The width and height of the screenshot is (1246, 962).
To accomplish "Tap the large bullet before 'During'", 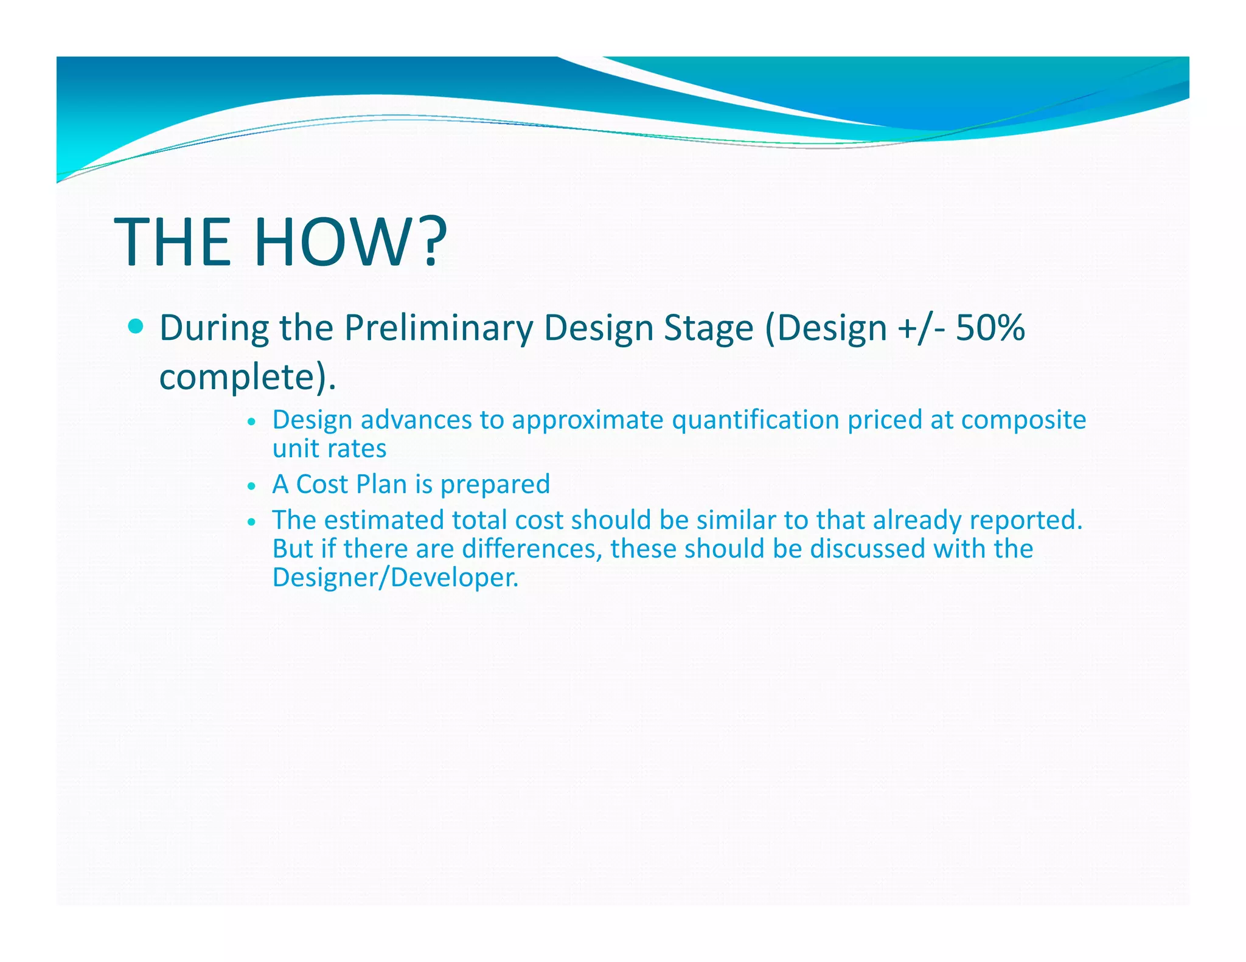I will click(137, 327).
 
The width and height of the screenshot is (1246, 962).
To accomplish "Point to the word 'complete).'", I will click(247, 376).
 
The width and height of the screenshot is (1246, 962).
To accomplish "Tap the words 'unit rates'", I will click(329, 449).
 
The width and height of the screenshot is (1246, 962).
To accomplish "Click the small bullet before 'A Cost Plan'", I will click(251, 486).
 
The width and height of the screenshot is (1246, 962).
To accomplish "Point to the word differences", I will click(532, 548).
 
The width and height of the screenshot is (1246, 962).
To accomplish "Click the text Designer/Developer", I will click(395, 577).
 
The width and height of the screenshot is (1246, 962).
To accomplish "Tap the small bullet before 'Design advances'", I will click(251, 421).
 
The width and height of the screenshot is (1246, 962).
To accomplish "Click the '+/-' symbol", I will click(922, 328).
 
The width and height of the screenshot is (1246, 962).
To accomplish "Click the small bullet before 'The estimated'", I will click(251, 522).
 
